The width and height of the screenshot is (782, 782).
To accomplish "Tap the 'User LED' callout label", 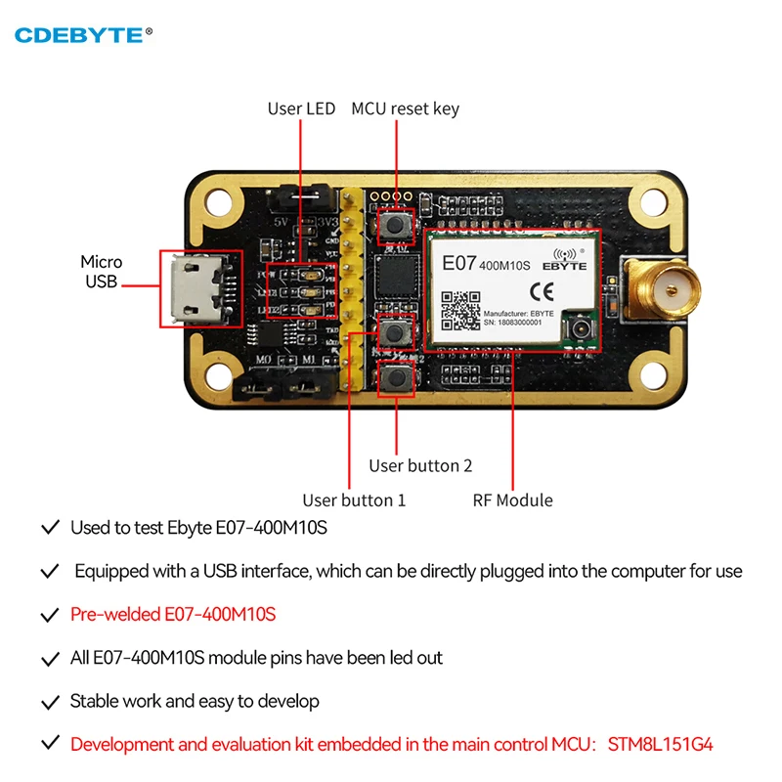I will click(x=301, y=109).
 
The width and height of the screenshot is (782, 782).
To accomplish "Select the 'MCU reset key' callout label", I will click(x=405, y=109).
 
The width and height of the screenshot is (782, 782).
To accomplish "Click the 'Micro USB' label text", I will click(x=102, y=272).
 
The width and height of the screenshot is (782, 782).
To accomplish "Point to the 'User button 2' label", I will click(x=420, y=466).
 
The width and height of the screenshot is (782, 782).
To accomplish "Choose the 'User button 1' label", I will click(x=354, y=500).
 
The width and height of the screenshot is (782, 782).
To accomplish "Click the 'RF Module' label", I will click(x=513, y=500).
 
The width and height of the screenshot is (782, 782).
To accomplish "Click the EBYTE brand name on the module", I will click(x=563, y=265).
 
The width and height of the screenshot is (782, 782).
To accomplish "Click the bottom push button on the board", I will click(x=395, y=376).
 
